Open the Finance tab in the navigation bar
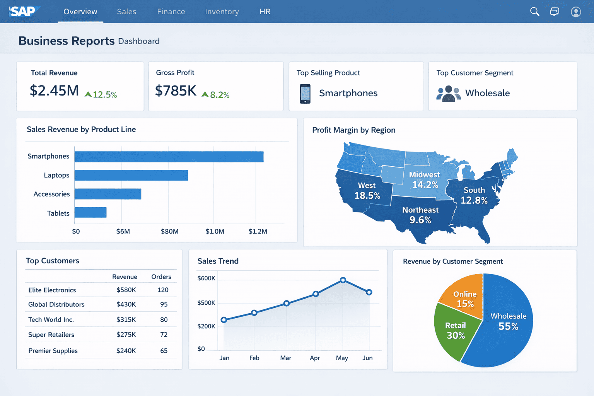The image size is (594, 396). (171, 12)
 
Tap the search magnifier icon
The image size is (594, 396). (534, 12)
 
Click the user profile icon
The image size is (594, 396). (575, 12)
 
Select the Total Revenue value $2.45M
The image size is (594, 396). (54, 91)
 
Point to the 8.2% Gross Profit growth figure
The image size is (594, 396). (219, 95)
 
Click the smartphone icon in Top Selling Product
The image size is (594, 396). (305, 94)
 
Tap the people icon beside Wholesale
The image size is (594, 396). (448, 94)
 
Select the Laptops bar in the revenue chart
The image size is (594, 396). (131, 175)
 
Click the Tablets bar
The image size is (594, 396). (90, 212)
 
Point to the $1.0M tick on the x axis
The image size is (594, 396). (215, 231)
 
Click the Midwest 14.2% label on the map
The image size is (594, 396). (425, 180)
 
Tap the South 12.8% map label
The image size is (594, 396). (474, 195)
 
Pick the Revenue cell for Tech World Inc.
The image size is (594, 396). (126, 319)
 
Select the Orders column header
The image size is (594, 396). (161, 277)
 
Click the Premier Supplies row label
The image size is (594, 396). (53, 351)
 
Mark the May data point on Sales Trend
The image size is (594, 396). (343, 280)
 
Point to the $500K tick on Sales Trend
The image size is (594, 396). (206, 303)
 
